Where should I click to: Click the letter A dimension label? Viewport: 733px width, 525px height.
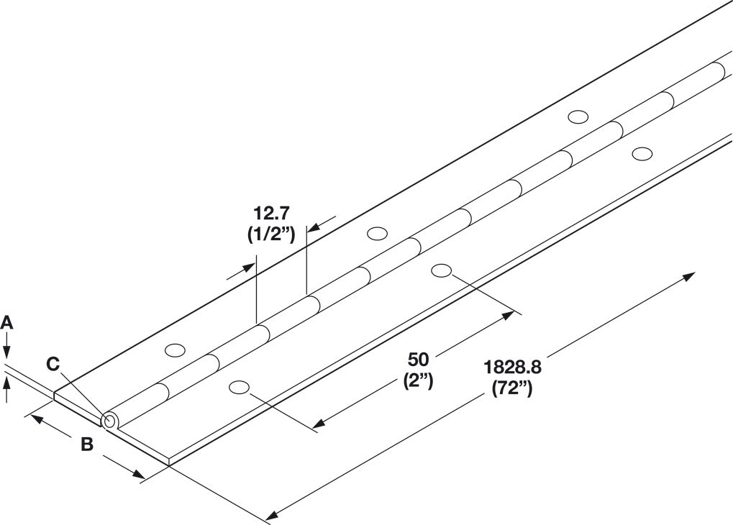click(6, 323)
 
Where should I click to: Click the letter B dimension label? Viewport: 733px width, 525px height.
click(87, 445)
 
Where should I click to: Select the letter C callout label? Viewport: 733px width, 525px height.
click(53, 364)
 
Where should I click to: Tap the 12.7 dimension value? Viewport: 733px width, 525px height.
click(272, 213)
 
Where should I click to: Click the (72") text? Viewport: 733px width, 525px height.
click(511, 388)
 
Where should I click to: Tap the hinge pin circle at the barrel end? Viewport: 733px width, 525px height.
click(109, 421)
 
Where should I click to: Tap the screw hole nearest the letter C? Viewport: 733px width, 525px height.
click(175, 350)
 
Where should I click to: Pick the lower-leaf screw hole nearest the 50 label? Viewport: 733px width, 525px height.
click(442, 270)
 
